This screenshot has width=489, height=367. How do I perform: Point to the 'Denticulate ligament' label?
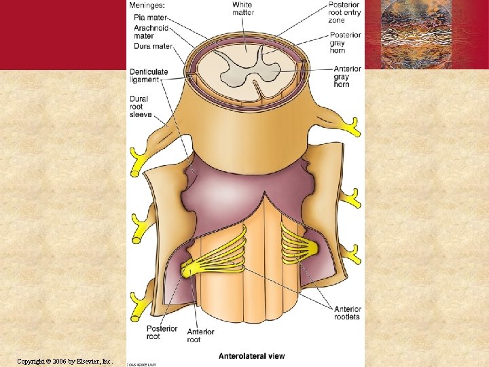pyautogui.click(x=149, y=75)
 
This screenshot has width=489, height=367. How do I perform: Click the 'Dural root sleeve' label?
pyautogui.click(x=142, y=107)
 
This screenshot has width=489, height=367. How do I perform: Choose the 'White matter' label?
pyautogui.click(x=242, y=9)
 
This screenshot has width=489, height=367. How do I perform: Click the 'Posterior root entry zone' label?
pyautogui.click(x=344, y=13)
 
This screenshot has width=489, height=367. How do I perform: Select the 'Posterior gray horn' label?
pyautogui.click(x=346, y=43)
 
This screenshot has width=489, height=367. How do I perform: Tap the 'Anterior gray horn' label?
pyautogui.click(x=346, y=76)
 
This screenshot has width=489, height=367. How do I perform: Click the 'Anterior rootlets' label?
pyautogui.click(x=347, y=313)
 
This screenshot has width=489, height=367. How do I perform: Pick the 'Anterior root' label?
pyautogui.click(x=201, y=336)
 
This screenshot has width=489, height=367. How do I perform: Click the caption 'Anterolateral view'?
pyautogui.click(x=251, y=355)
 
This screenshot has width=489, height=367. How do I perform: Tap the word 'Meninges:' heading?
pyautogui.click(x=150, y=5)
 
